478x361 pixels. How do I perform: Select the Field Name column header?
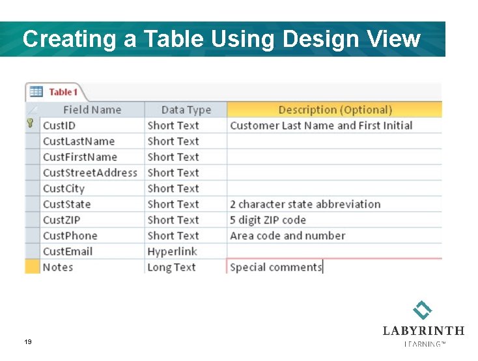coord(92,110)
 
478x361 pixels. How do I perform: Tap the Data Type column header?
coord(186,110)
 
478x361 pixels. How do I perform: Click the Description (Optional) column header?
coord(335,110)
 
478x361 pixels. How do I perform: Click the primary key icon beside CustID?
coord(30,124)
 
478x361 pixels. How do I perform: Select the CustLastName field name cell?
coord(78,141)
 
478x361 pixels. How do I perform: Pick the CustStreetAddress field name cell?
coord(90,173)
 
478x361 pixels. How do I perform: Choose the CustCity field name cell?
coord(64,188)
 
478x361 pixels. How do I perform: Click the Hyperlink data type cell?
coord(172,252)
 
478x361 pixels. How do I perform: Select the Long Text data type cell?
coord(171,267)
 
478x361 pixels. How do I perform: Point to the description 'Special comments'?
coord(276,267)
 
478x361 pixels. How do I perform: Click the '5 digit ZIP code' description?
coord(268,220)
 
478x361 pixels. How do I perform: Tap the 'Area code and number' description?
coord(287,236)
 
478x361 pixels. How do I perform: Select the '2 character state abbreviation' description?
coord(305,205)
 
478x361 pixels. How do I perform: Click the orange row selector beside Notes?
coord(32,267)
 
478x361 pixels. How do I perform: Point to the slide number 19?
coord(27,342)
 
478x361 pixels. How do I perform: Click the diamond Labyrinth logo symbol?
coord(423,310)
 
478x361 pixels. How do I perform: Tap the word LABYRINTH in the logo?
coord(423,330)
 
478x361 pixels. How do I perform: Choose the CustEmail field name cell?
coord(68,252)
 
